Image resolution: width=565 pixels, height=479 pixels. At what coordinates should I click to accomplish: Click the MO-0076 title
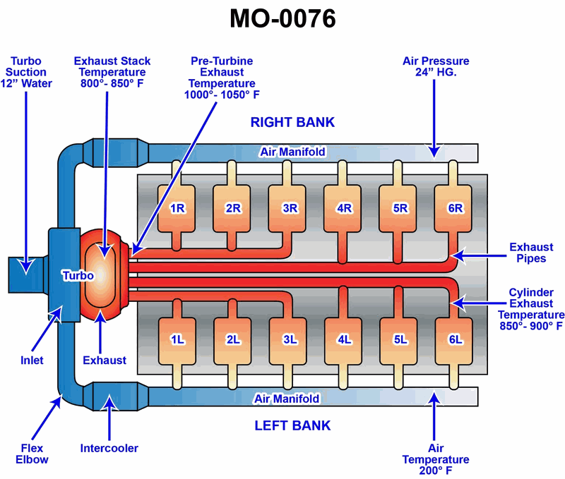pos(282,19)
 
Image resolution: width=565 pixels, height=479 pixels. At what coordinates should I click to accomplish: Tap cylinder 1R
pos(177,208)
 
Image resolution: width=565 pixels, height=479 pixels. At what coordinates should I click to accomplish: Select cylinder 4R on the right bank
pos(345,208)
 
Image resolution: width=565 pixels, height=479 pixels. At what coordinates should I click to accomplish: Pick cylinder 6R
pos(456,208)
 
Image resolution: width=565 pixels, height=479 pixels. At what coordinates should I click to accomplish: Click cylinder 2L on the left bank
pos(233,339)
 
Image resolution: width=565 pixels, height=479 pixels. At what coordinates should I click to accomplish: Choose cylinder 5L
pos(400,339)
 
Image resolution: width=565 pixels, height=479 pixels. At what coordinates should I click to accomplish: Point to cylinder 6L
pos(456,339)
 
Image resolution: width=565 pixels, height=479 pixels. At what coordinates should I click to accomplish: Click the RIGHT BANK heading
pos(292,122)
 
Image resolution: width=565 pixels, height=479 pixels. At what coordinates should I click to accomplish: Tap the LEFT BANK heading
pos(292,425)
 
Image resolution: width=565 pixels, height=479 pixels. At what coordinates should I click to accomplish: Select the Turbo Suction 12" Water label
pos(28,72)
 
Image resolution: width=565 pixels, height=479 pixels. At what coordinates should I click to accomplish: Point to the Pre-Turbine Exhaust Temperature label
pos(222,78)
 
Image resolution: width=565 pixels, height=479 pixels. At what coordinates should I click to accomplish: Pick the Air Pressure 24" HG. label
pos(436,66)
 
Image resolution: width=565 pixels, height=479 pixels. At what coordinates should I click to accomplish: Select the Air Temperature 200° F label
pos(436,459)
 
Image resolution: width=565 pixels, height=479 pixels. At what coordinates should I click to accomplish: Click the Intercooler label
pos(109,448)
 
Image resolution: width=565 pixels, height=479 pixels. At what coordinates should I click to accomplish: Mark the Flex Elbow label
pos(31,454)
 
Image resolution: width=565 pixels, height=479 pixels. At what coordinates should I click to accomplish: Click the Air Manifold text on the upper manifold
pos(292,152)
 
